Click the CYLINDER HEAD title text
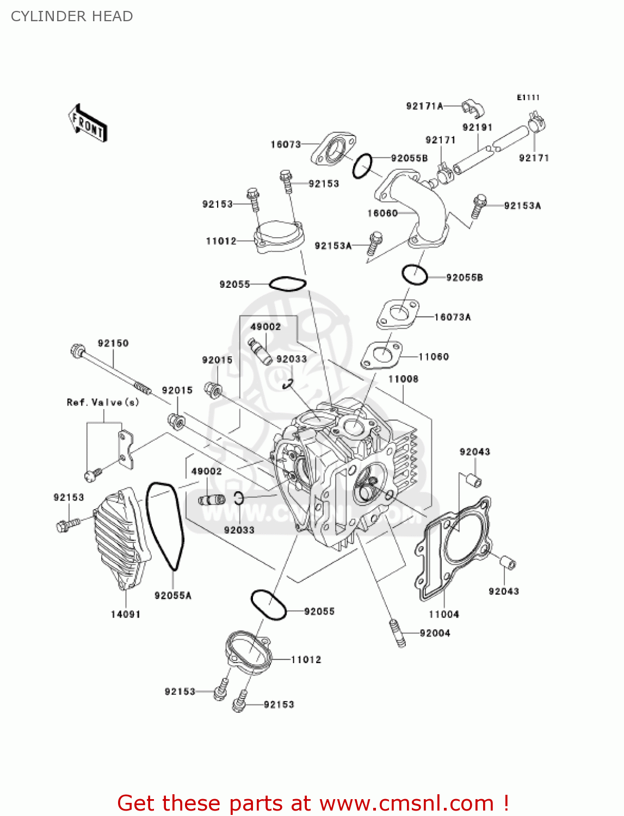click(x=72, y=16)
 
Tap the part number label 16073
click(x=286, y=144)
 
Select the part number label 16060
click(x=382, y=213)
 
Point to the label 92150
click(x=113, y=343)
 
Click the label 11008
click(x=403, y=379)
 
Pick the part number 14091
click(x=126, y=614)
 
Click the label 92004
click(x=435, y=633)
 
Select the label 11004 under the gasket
click(x=444, y=614)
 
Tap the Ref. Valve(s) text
click(x=103, y=403)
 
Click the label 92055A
click(x=173, y=596)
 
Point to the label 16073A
click(x=453, y=317)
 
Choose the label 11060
click(x=434, y=357)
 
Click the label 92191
click(x=477, y=127)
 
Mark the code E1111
click(x=528, y=97)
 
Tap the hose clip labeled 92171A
click(x=473, y=108)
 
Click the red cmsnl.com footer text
click(x=313, y=803)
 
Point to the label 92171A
click(x=424, y=106)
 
